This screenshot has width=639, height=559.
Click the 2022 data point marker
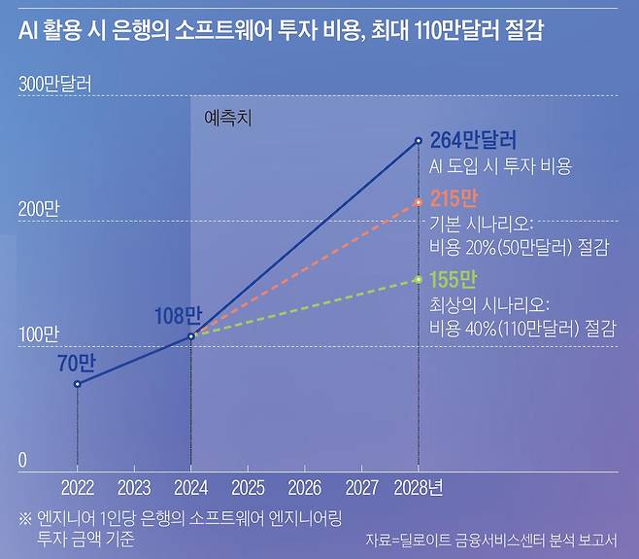pyautogui.click(x=77, y=384)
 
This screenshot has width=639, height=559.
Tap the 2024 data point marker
pyautogui.click(x=190, y=336)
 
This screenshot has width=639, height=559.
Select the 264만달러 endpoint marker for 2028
pyautogui.click(x=419, y=141)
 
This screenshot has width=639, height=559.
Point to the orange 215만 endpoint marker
pyautogui.click(x=419, y=202)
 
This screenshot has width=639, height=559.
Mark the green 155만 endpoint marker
pyautogui.click(x=419, y=279)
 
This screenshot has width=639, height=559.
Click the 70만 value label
pyautogui.click(x=77, y=363)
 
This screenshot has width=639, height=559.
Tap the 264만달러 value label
pyautogui.click(x=473, y=141)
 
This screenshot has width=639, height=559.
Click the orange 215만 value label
pyautogui.click(x=454, y=200)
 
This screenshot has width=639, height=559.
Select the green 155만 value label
pyautogui.click(x=454, y=279)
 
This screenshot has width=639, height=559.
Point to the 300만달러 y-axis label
pyautogui.click(x=55, y=85)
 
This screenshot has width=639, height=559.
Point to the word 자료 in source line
pyautogui.click(x=379, y=540)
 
